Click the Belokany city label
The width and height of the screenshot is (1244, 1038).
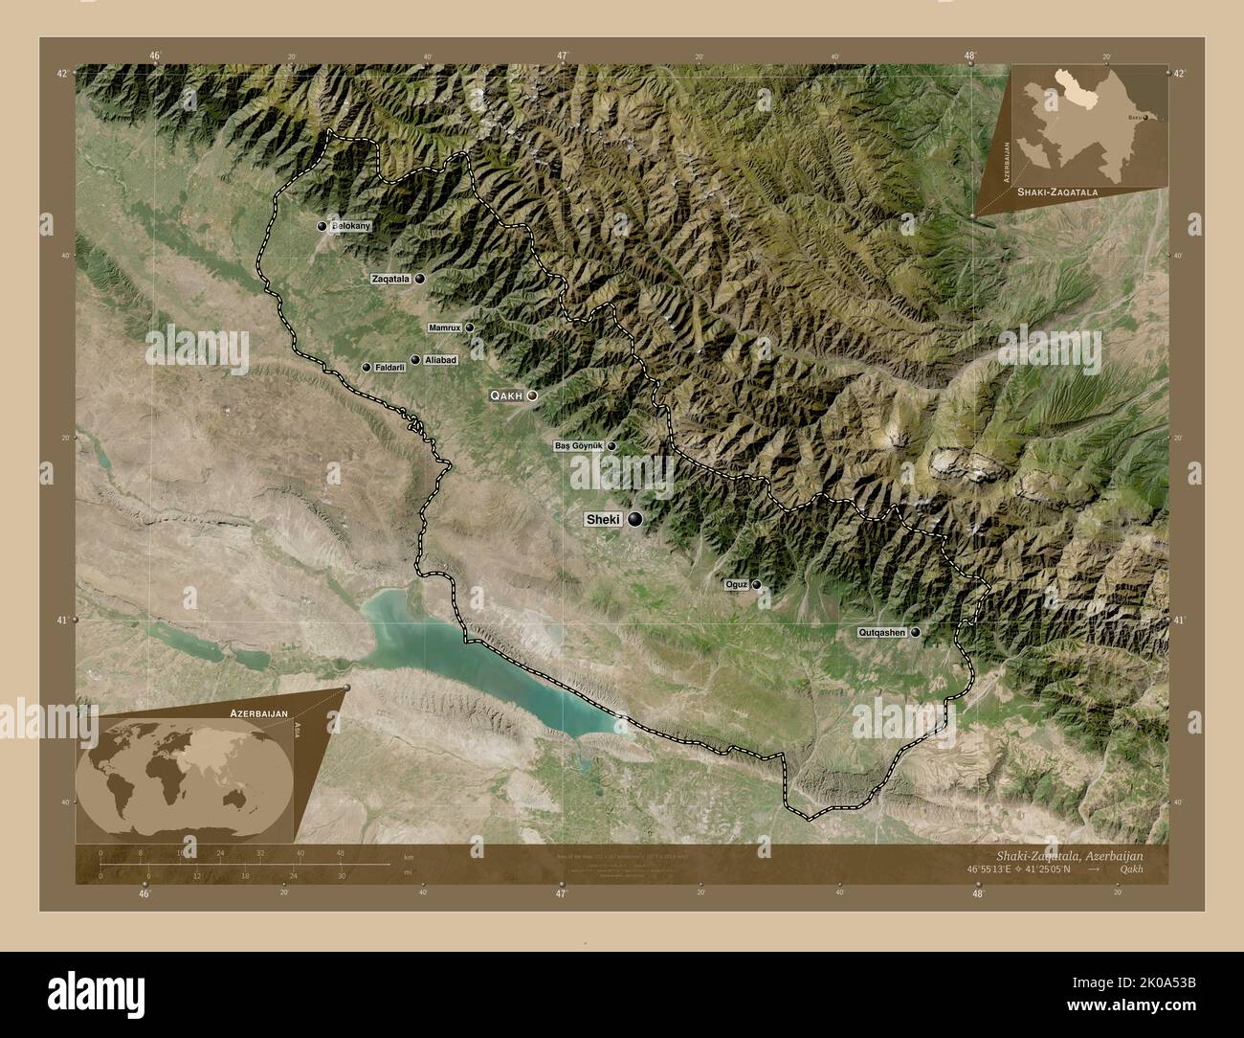click(349, 227)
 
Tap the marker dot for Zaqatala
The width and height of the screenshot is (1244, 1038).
click(419, 279)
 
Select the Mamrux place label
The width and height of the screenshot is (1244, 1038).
click(445, 327)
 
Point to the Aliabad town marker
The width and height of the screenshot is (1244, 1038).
click(415, 360)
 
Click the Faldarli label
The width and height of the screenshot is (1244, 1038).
click(390, 367)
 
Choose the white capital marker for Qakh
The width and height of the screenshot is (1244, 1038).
click(532, 395)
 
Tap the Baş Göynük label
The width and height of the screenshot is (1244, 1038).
click(579, 446)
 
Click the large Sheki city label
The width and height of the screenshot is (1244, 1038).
click(604, 520)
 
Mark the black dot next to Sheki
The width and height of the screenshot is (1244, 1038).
click(634, 520)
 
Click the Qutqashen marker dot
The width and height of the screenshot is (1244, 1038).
click(916, 632)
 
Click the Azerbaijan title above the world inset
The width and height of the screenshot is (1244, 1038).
click(258, 714)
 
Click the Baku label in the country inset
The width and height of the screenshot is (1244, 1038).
click(1134, 117)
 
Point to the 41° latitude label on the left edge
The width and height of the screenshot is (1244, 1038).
click(63, 621)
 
